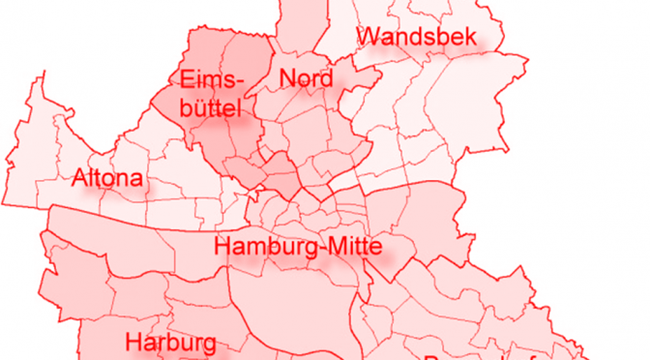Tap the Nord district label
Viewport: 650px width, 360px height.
306,78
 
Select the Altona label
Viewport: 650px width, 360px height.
108,179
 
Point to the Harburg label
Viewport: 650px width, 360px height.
170,343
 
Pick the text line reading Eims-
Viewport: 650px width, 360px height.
213,79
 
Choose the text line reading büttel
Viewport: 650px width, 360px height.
210,108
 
